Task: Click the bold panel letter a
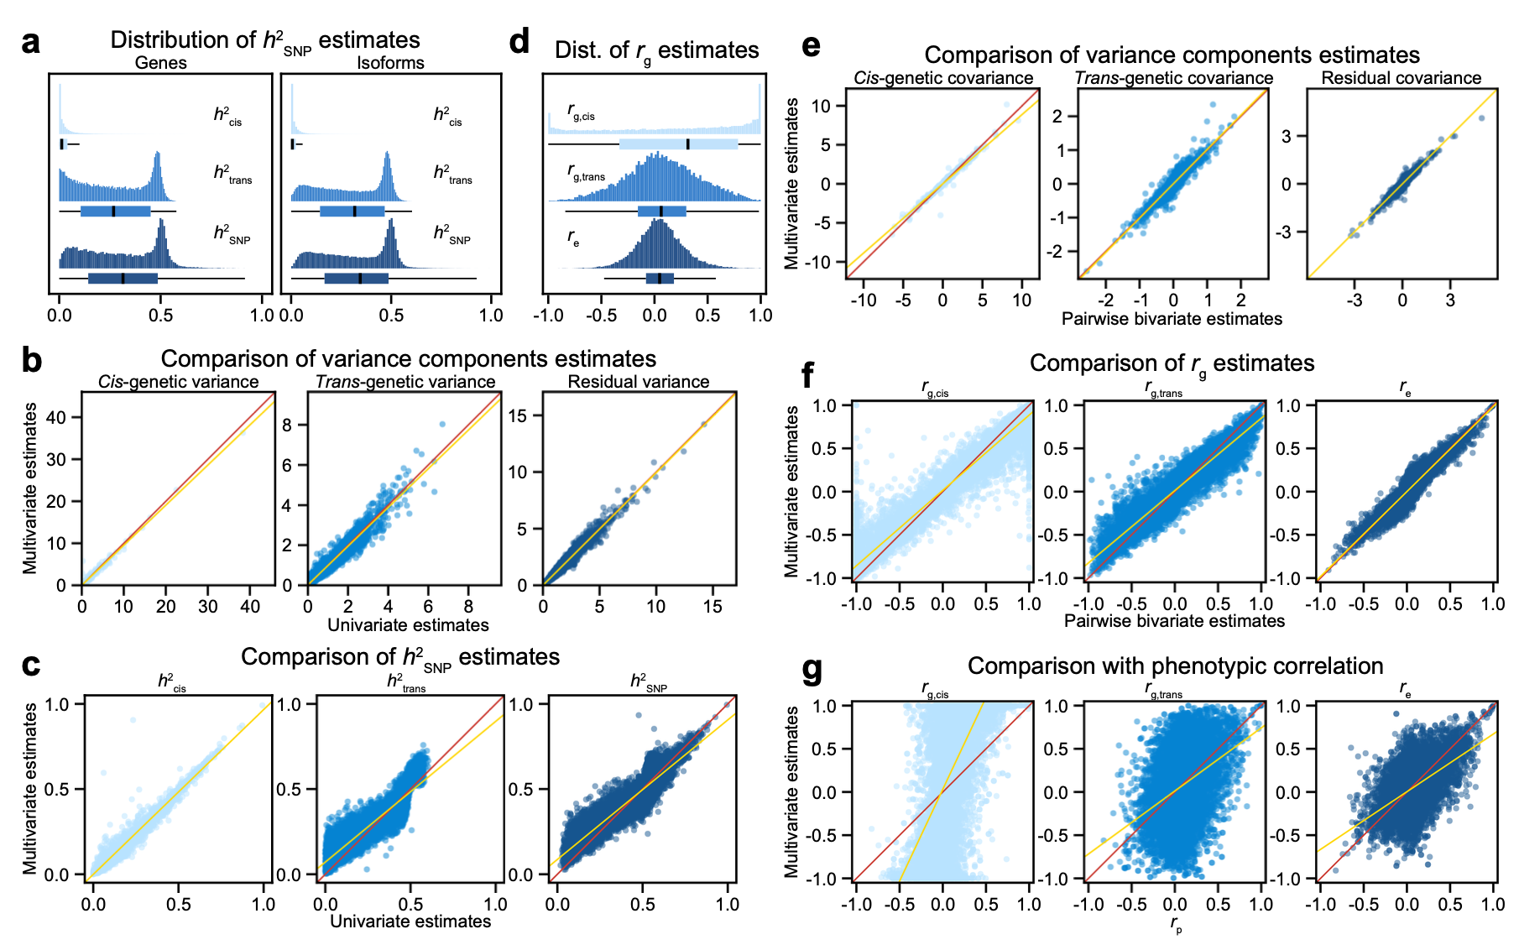[x=31, y=42]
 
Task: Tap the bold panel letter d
[x=519, y=42]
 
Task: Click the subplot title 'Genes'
[x=160, y=63]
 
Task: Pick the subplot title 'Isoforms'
[x=390, y=63]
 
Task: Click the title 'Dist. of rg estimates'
[x=656, y=50]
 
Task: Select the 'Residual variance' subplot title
[x=639, y=382]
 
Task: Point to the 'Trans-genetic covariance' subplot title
[x=1174, y=78]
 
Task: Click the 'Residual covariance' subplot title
[x=1402, y=78]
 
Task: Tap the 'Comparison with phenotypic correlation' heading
[x=1175, y=666]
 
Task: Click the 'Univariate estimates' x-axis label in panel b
[x=408, y=625]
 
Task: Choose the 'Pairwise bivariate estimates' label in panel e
[x=1172, y=319]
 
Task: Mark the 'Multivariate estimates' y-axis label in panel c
[x=31, y=788]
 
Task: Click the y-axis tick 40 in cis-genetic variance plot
[x=56, y=417]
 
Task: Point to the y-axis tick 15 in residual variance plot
[x=518, y=415]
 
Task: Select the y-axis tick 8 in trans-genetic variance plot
[x=287, y=425]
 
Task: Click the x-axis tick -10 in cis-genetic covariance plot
[x=864, y=300]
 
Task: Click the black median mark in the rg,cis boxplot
[x=688, y=144]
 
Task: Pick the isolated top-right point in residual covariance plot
[x=1481, y=118]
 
